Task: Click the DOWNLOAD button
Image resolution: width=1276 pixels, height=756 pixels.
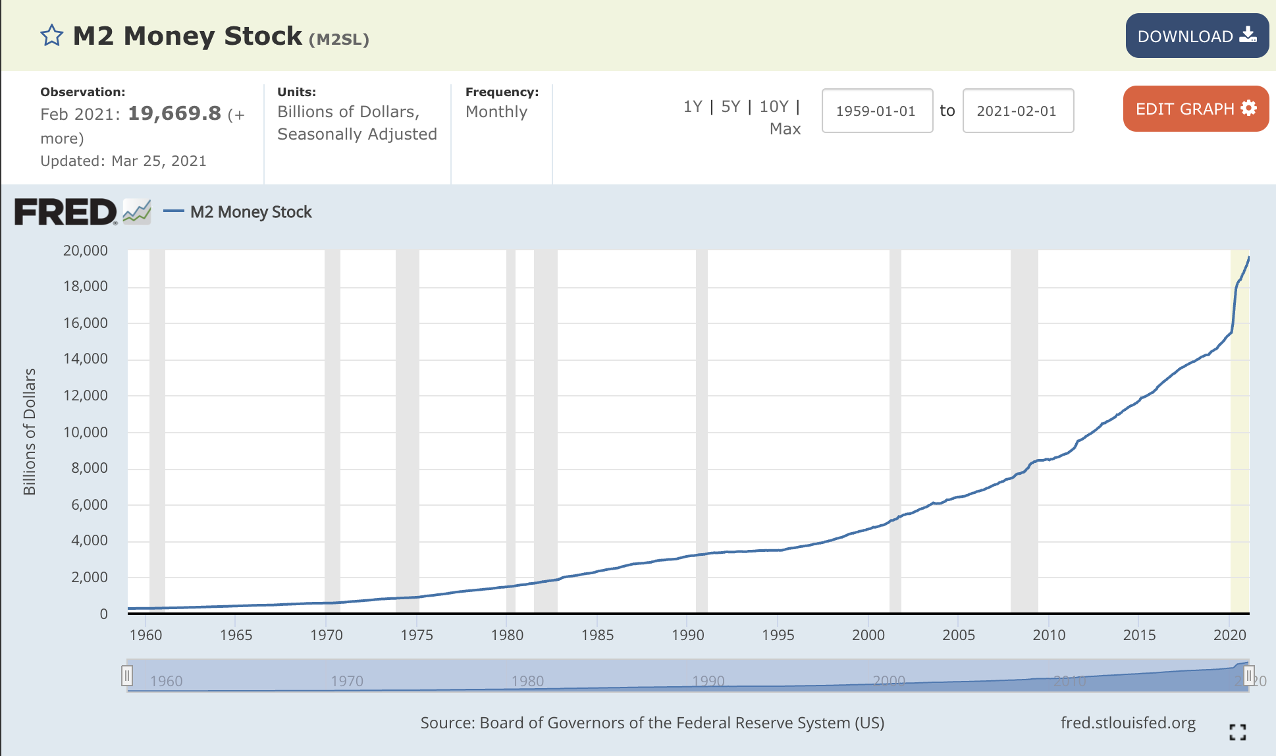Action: pyautogui.click(x=1196, y=36)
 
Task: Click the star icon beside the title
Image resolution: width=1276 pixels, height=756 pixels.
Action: pyautogui.click(x=51, y=36)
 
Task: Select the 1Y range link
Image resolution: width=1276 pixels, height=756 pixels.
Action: pyautogui.click(x=693, y=107)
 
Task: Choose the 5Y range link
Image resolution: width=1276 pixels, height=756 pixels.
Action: pyautogui.click(x=731, y=107)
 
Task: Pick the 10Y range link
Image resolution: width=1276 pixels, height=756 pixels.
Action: pyautogui.click(x=774, y=107)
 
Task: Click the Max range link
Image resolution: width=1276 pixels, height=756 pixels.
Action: pyautogui.click(x=785, y=129)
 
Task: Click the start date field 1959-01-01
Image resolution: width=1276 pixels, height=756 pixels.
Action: pyautogui.click(x=876, y=111)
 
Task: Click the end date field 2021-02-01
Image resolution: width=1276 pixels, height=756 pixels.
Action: pyautogui.click(x=1017, y=111)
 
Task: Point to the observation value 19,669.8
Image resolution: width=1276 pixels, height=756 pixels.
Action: pyautogui.click(x=174, y=113)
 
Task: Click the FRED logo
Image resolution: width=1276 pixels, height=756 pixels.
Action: pyautogui.click(x=66, y=212)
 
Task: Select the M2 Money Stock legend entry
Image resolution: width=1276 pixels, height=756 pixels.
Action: pyautogui.click(x=250, y=212)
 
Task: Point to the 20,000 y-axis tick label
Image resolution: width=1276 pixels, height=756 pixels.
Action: pyautogui.click(x=86, y=250)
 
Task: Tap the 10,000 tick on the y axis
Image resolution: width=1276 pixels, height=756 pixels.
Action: pyautogui.click(x=86, y=432)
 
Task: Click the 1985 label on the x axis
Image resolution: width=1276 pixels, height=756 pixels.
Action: pyautogui.click(x=597, y=635)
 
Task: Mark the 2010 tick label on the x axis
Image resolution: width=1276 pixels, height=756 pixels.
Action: pyautogui.click(x=1049, y=635)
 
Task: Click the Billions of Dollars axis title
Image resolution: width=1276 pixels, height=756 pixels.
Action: pyautogui.click(x=30, y=431)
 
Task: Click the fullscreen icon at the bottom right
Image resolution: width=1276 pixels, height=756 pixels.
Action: pyautogui.click(x=1237, y=732)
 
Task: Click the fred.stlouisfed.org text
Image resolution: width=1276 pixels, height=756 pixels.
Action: pyautogui.click(x=1128, y=723)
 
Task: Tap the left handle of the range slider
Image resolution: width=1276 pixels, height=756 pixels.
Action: pyautogui.click(x=127, y=676)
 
